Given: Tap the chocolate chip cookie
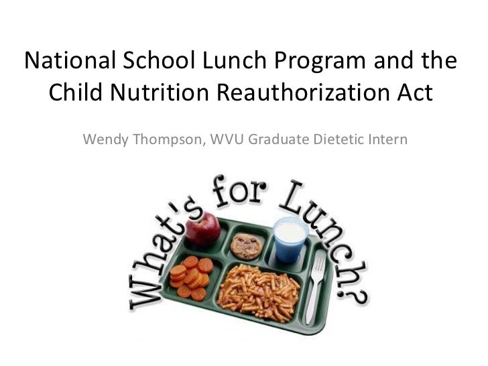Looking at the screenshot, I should pyautogui.click(x=245, y=246).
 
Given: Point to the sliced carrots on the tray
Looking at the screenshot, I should pyautogui.click(x=189, y=276).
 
